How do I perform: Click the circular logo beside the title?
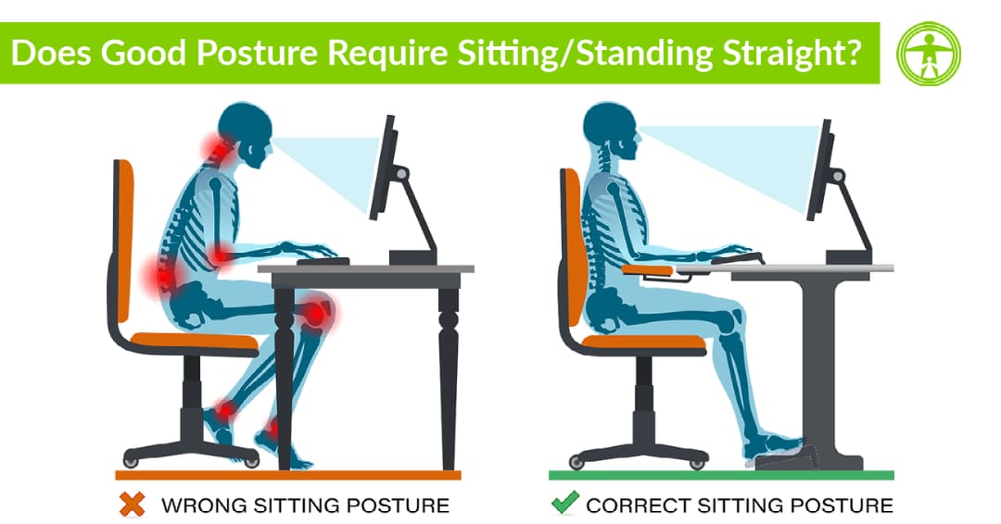928,54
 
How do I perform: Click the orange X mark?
133,505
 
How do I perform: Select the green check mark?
565,503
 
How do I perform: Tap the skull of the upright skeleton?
611,131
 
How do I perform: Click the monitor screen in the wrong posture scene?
383,167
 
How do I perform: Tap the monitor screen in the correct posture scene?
819,169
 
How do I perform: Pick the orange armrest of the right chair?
647,269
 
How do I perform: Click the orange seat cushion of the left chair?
195,341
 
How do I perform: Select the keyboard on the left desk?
323,261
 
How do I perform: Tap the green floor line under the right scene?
721,475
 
